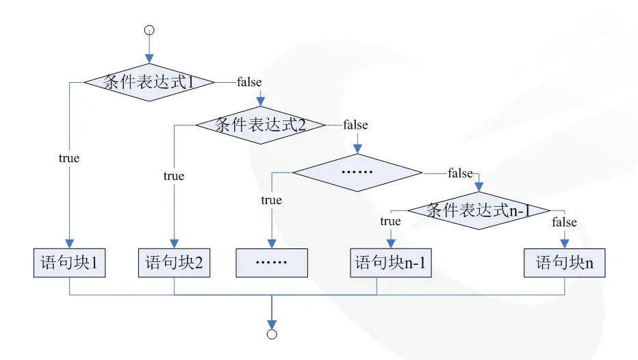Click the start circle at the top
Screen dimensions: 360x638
click(149, 30)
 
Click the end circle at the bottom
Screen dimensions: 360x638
click(272, 334)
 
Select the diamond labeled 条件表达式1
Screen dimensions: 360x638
click(149, 82)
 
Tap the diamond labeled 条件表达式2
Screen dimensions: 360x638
click(260, 125)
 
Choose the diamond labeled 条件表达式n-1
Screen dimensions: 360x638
click(478, 211)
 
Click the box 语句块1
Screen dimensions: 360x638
click(70, 263)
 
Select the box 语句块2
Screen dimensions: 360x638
click(174, 263)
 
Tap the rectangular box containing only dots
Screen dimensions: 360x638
click(272, 263)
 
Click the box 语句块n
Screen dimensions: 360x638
click(565, 263)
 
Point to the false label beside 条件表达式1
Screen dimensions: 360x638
click(249, 82)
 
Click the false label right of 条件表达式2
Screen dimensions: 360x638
click(355, 125)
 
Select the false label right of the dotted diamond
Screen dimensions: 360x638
click(460, 173)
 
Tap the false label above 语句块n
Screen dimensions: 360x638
click(564, 222)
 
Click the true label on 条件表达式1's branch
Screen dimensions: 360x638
click(69, 158)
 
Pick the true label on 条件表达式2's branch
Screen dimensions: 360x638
click(174, 176)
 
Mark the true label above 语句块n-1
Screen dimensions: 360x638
click(390, 221)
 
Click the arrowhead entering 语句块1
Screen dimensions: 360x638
click(70, 244)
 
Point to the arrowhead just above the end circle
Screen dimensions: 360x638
click(272, 323)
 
